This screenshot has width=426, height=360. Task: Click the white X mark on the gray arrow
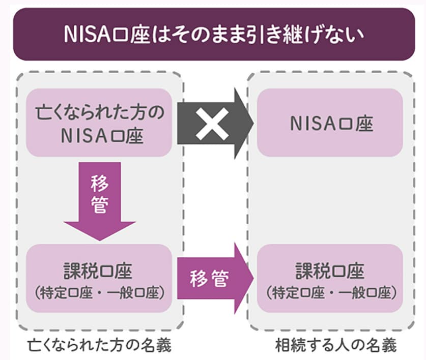[x=212, y=124]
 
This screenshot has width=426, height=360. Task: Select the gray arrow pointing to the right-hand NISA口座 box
[x=215, y=124]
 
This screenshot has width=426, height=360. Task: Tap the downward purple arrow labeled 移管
[x=100, y=201]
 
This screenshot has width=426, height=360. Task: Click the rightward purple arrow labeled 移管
[x=215, y=279]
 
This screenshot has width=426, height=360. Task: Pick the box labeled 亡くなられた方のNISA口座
[x=99, y=123]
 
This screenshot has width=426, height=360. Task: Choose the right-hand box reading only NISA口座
[x=330, y=123]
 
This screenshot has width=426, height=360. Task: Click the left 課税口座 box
[x=99, y=278]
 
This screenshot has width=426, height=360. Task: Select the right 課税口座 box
[x=330, y=278]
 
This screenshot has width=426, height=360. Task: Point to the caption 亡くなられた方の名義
[x=100, y=345]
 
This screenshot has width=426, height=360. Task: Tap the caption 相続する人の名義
[x=336, y=345]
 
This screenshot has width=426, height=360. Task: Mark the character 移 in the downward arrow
[x=100, y=183]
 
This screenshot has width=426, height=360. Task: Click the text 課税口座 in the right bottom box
[x=330, y=271]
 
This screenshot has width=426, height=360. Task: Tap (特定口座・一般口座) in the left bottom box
[x=99, y=293]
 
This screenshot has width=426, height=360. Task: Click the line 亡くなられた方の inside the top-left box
[x=100, y=112]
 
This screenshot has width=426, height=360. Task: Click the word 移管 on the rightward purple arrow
[x=209, y=279]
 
